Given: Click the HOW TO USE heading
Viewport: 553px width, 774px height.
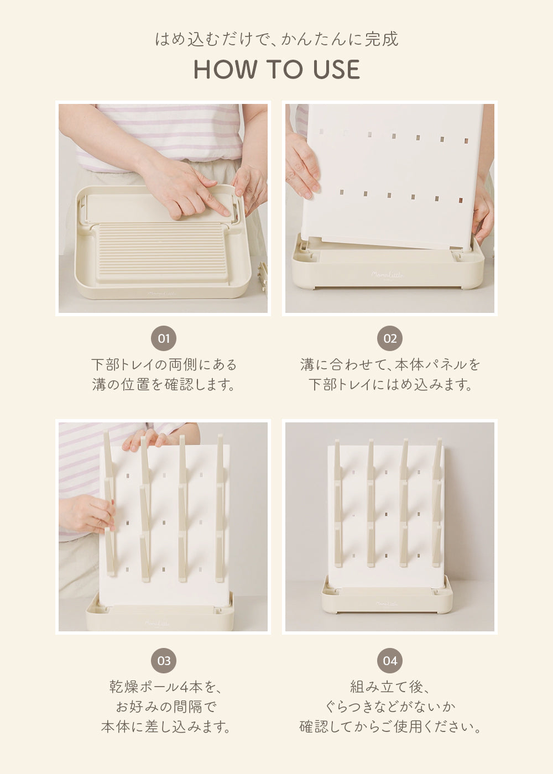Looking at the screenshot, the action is coord(276,70).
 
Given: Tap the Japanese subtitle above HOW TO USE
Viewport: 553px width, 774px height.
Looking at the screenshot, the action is coord(276,39).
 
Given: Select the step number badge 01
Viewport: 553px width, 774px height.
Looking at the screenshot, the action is coord(164,338).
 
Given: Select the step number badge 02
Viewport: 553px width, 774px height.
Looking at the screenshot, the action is coord(390,338).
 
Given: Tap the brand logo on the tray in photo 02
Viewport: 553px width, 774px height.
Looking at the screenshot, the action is coord(387,275).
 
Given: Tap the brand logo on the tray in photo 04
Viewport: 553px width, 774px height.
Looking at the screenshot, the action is coord(387,604).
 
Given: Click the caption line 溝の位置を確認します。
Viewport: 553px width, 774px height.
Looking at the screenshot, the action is coord(164,384).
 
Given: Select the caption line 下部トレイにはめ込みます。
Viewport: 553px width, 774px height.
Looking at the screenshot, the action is coord(390,384).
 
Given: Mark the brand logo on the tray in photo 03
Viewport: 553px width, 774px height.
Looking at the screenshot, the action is coord(157,623).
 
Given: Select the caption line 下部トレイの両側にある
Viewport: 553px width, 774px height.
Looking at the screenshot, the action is coord(164,364).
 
